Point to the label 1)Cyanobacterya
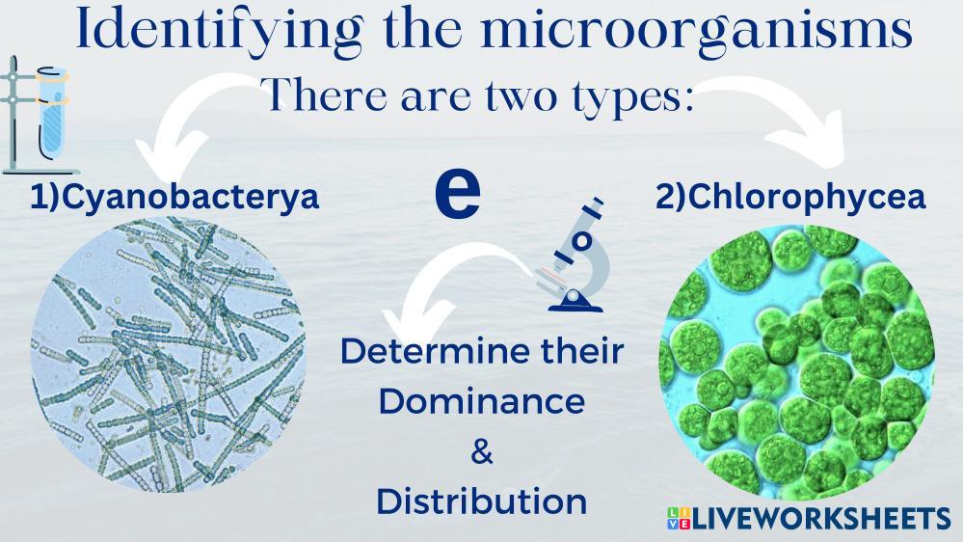(x=174, y=197)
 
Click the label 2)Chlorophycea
(x=790, y=197)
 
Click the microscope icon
(x=575, y=255)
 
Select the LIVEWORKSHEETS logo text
(x=822, y=519)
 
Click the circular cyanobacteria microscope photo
(x=169, y=355)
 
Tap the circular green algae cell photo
(x=797, y=363)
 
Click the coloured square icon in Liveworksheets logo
(x=680, y=518)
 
